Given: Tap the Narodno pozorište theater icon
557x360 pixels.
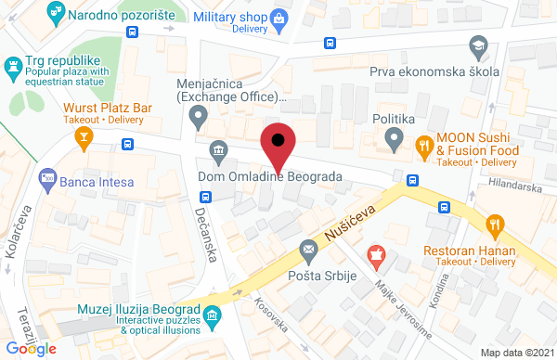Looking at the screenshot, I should pos(58,14).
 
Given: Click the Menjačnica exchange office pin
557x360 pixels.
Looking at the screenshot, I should pos(197,117).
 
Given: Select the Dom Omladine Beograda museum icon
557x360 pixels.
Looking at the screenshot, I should pos(218,150).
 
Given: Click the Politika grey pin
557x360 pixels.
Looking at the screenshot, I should pos(394,142).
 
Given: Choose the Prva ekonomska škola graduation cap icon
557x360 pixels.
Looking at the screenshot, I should pos(477,45).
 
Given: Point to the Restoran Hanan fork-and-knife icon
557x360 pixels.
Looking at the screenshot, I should pos(495,224).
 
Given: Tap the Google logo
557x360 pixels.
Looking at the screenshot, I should pos(32,348).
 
